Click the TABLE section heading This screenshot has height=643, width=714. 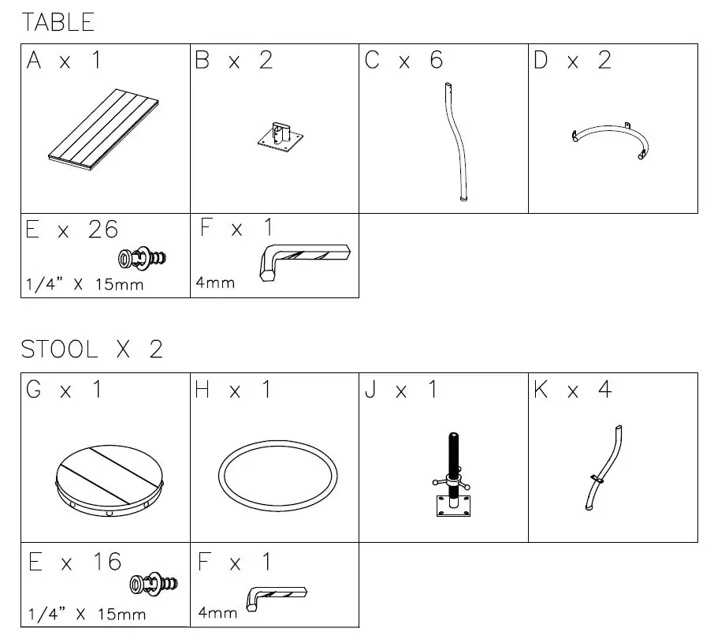58,22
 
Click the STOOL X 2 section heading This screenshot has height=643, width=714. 91,350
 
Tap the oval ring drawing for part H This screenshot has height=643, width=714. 278,478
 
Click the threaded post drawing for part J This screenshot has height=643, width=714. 453,473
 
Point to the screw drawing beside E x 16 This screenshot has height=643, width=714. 154,585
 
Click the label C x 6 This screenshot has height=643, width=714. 403,61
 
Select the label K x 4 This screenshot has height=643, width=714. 572,390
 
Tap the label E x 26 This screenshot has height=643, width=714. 72,230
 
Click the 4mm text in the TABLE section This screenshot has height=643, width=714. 215,282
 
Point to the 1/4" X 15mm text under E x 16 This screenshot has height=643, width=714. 87,613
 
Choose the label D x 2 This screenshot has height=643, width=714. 572,61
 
